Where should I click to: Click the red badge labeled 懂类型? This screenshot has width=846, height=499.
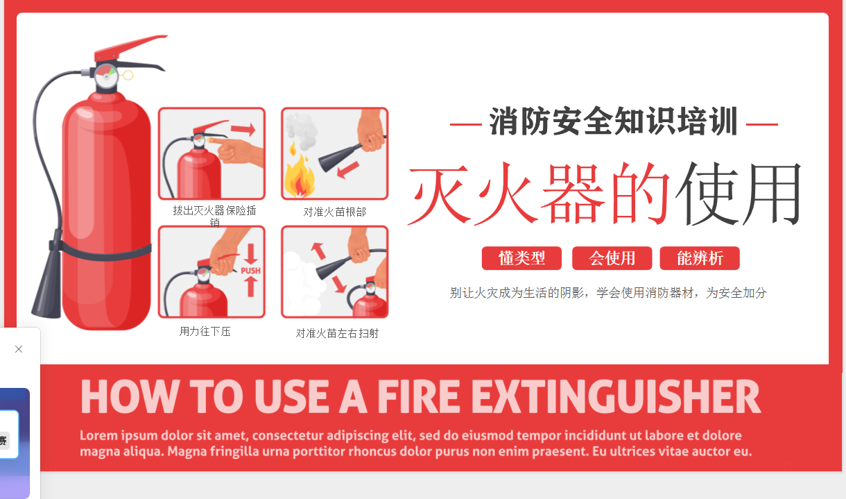coord(521,258)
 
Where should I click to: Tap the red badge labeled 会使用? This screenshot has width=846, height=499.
coord(612,258)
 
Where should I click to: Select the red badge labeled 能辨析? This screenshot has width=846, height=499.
coord(700,258)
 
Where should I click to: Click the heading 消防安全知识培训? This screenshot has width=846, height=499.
coord(614,122)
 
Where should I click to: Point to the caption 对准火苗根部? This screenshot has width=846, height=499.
coord(334,212)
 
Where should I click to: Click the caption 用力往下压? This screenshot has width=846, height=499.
coord(205,332)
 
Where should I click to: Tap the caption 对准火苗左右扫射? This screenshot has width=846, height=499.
coord(337,333)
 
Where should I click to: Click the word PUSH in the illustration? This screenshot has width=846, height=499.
coord(251,271)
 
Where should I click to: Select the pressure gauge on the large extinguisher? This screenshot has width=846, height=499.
coord(106,75)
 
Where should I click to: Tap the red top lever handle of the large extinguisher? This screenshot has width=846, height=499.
coord(132,46)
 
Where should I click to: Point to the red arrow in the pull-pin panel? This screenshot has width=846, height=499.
coord(243,130)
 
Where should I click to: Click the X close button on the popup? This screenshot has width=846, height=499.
coord(19,349)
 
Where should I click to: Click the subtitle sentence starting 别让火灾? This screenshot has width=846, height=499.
coord(608,293)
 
